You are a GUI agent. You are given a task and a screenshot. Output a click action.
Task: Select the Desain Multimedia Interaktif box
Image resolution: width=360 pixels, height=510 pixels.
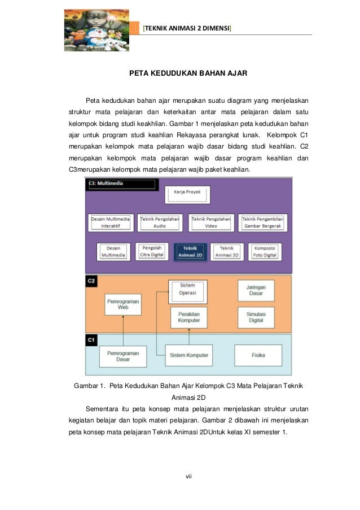coord(111,223)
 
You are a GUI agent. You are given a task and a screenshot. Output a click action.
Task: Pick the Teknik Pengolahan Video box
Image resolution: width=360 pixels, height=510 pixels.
coord(211,223)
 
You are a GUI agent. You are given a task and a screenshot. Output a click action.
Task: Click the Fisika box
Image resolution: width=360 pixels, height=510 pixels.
coord(258,355)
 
